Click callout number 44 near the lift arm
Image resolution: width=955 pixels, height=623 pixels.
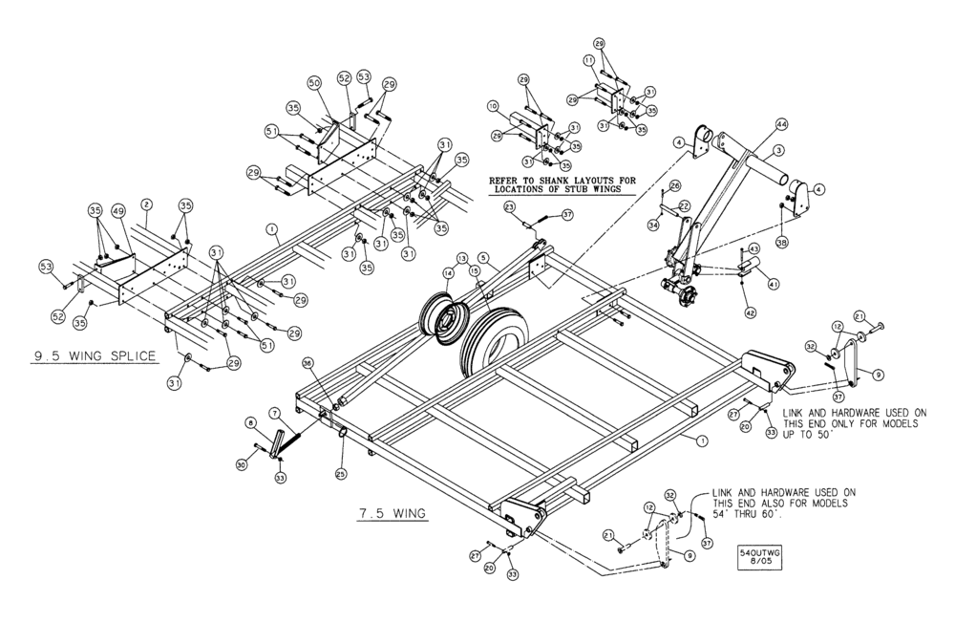click(x=781, y=124)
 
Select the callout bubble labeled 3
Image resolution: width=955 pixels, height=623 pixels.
click(x=778, y=151)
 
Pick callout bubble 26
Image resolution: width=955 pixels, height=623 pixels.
click(x=674, y=185)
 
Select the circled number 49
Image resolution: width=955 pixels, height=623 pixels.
click(x=118, y=211)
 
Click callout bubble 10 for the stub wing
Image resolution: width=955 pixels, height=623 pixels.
click(x=493, y=105)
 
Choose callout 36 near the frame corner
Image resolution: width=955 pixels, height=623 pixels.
click(x=308, y=363)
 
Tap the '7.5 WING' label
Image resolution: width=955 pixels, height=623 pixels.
click(x=392, y=513)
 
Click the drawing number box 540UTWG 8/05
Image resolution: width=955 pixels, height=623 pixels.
click(x=759, y=556)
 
